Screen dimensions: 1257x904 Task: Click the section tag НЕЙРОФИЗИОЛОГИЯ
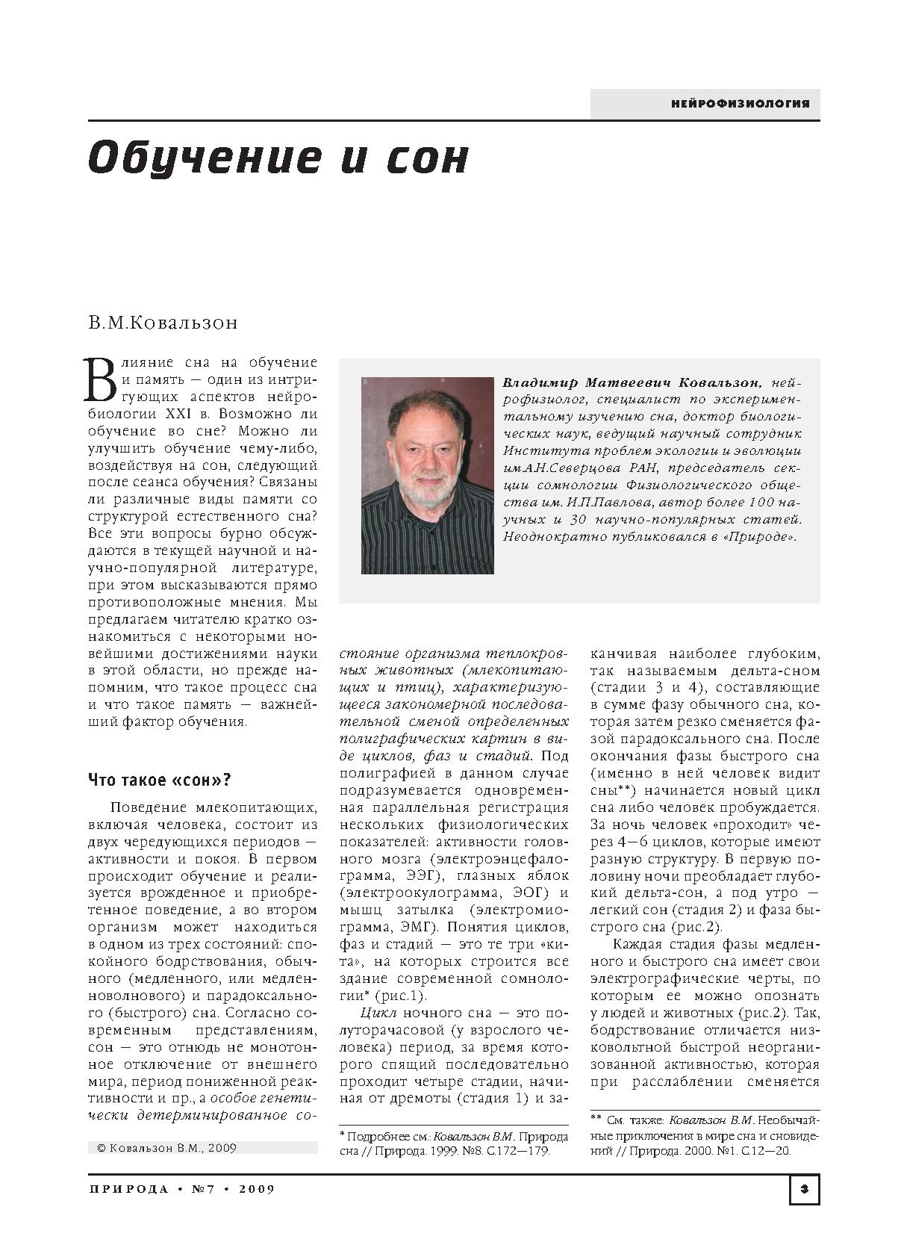[740, 104]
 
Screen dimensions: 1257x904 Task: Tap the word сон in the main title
[427, 158]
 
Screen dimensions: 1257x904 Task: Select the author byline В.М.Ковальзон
[163, 323]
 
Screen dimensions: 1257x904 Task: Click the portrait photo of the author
[427, 476]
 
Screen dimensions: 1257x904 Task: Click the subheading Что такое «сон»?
[160, 780]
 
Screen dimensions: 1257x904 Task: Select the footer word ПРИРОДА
[128, 1189]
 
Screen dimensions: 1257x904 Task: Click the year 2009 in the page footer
[257, 1189]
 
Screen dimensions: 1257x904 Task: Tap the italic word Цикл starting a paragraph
[378, 1013]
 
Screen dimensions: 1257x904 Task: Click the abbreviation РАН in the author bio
[641, 468]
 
